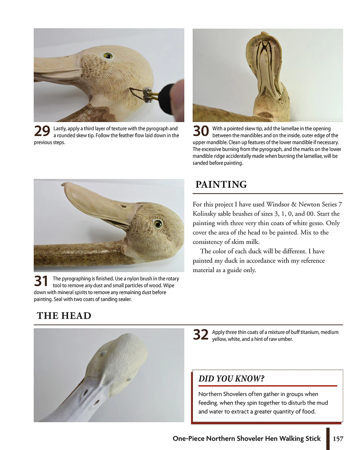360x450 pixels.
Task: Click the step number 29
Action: pos(42,131)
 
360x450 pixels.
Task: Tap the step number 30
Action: pos(201,131)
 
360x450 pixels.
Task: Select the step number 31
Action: pos(41,281)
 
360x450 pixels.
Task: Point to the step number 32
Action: pos(201,335)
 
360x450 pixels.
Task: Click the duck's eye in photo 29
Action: pos(107,56)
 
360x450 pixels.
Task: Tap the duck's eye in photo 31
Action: pos(157,224)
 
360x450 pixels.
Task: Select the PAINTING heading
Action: pos(221,184)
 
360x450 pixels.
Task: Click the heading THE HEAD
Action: pos(64,316)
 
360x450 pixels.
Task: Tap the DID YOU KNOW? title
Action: pos(231,379)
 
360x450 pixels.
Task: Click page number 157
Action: pos(338,438)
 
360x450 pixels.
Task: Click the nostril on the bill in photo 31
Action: pos(123,207)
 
